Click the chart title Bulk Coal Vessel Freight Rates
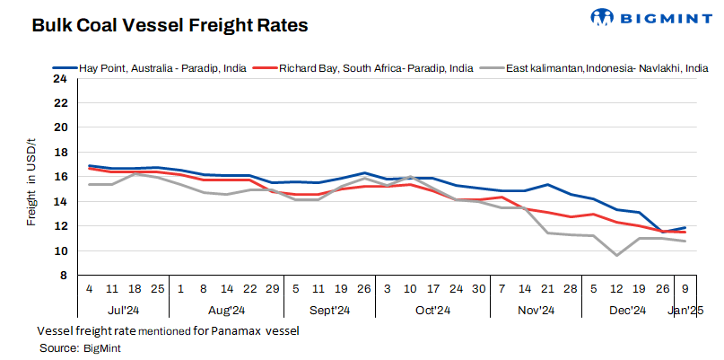[x=170, y=26]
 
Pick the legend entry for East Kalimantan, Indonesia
[x=601, y=67]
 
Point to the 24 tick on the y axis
[x=60, y=78]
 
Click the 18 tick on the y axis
[x=60, y=153]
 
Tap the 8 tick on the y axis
[x=63, y=276]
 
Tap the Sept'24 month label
[x=329, y=311]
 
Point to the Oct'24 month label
[x=432, y=311]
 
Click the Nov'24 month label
[x=536, y=311]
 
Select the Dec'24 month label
[x=628, y=311]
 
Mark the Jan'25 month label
[x=686, y=311]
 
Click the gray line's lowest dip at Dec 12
[x=616, y=255]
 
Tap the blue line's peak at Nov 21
[x=547, y=185]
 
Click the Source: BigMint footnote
[x=80, y=347]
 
